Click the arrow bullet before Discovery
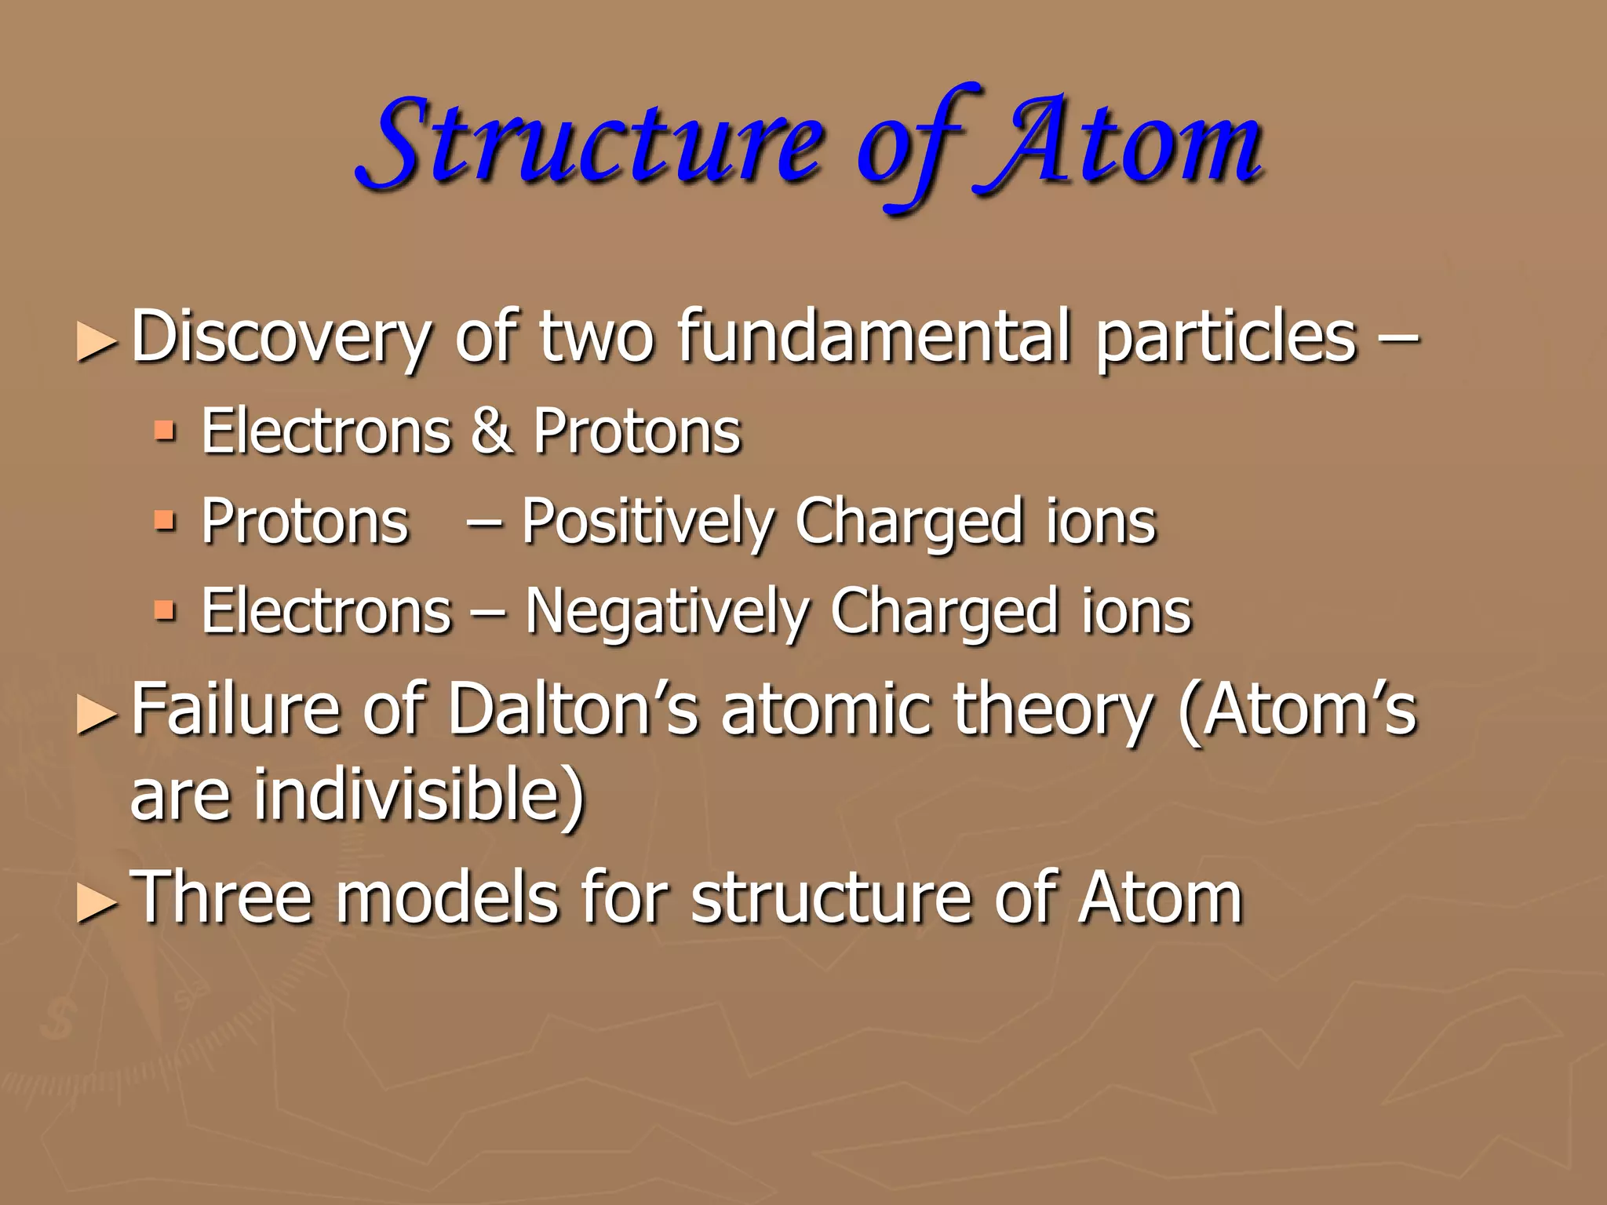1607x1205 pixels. coord(97,343)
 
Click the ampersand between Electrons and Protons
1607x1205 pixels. coord(492,431)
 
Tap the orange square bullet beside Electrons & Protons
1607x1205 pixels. coord(165,431)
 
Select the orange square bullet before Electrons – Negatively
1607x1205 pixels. coord(165,610)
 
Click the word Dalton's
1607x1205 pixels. coord(572,710)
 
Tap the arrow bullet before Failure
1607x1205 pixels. coord(97,715)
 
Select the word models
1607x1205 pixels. coord(446,898)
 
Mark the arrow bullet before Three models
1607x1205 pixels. coord(97,904)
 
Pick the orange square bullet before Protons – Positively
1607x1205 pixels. coord(165,520)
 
